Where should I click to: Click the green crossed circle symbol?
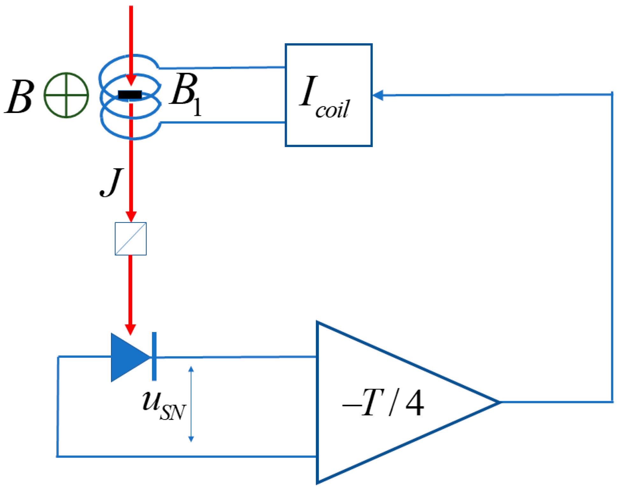[x=66, y=95]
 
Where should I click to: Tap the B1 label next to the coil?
[x=186, y=94]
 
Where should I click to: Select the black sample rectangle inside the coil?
[x=130, y=95]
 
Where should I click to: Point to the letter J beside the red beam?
[x=111, y=182]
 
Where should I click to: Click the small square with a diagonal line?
[x=131, y=239]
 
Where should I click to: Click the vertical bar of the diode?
[x=154, y=356]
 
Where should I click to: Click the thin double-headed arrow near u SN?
[x=191, y=404]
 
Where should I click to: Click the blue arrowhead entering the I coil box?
[x=378, y=95]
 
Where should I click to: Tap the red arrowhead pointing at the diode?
[x=130, y=329]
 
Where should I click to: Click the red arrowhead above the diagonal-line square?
[x=131, y=216]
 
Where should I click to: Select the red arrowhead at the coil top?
[x=131, y=80]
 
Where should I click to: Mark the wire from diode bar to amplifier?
[x=236, y=357]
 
